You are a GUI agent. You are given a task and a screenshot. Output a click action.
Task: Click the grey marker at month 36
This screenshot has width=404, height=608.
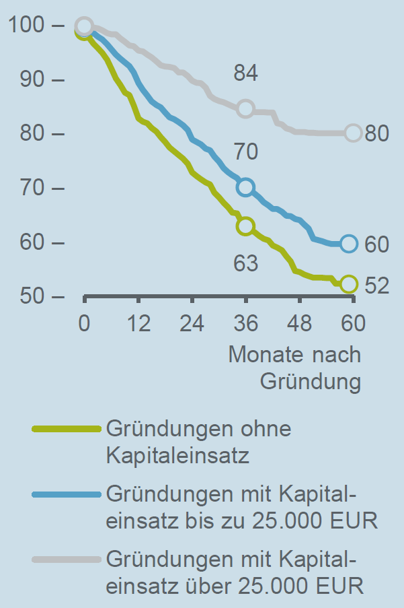coord(245,108)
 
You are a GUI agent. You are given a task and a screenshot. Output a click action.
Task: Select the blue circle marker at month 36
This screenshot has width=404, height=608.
coord(245,187)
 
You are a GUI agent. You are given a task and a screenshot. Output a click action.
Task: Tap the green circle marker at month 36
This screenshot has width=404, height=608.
coord(245,226)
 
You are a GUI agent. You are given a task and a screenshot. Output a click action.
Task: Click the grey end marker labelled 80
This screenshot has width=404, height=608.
coord(353,133)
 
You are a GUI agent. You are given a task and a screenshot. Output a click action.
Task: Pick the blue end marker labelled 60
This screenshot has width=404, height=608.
coord(348,244)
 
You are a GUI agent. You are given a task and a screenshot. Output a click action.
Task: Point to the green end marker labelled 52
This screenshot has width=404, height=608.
coord(348,284)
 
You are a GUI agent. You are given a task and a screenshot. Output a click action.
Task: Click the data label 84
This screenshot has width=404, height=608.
coord(246,72)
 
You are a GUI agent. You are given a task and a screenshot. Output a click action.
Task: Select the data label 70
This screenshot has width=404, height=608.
coord(246,152)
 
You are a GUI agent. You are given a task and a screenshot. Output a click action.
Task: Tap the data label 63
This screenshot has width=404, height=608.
coord(246,263)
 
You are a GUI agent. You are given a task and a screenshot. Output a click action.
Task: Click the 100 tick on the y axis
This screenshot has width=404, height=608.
coord(27,26)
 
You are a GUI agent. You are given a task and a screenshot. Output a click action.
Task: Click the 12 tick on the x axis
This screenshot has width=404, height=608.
coord(138,324)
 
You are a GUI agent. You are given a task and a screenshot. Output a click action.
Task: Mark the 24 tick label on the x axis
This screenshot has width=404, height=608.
coord(192,324)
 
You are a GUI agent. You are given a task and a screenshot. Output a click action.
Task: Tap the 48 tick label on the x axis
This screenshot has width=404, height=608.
coord(300,324)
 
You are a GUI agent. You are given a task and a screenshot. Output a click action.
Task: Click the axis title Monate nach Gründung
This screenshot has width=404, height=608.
coord(296,368)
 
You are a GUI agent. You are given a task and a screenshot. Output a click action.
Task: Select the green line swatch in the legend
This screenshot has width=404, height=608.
coord(66,429)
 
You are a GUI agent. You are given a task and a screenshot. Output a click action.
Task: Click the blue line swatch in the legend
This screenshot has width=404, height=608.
coord(66,495)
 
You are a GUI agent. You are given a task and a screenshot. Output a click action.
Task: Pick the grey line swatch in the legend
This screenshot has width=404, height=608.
coord(66,560)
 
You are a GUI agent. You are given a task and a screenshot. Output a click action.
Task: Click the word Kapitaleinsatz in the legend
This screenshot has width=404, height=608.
coord(177,456)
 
